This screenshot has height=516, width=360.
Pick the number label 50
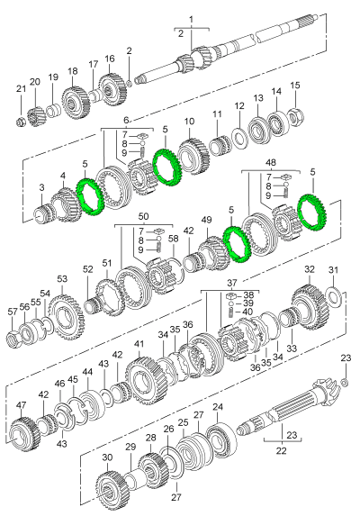[x=143, y=217]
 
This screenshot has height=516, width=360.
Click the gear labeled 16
[x=111, y=90]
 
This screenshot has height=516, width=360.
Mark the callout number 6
[x=126, y=120]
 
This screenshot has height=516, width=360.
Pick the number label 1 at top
[x=190, y=19]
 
